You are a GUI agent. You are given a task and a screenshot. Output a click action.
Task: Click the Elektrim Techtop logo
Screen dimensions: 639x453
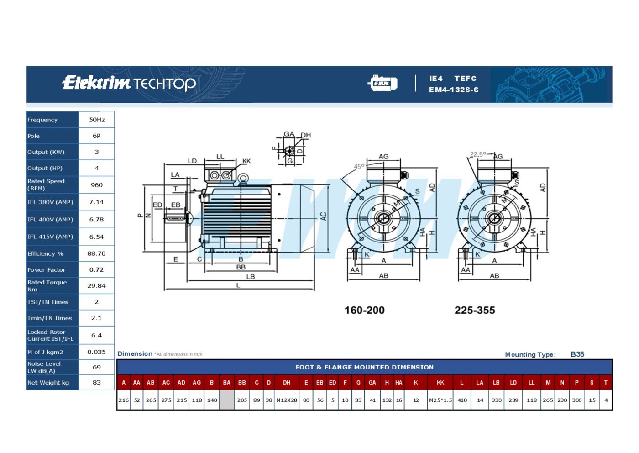[x=129, y=83]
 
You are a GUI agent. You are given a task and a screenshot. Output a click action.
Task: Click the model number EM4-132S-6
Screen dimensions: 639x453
[x=454, y=90]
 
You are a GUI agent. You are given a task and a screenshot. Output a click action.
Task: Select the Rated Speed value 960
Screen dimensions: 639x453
[x=97, y=185]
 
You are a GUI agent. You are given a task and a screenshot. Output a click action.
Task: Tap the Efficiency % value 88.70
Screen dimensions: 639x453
[x=96, y=253]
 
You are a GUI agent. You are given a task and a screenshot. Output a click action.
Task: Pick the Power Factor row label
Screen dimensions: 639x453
[x=46, y=270]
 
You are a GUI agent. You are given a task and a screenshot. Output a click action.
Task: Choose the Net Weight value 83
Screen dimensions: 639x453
[x=97, y=383]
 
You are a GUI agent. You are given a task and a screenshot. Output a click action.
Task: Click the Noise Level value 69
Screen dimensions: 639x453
[x=97, y=367]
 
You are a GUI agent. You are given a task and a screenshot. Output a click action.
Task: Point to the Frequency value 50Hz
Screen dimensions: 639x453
[x=97, y=120]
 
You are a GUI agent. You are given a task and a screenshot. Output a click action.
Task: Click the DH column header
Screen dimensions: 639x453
[x=287, y=383]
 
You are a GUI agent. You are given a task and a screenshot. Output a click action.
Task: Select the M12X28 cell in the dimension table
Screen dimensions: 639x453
[x=287, y=400]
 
